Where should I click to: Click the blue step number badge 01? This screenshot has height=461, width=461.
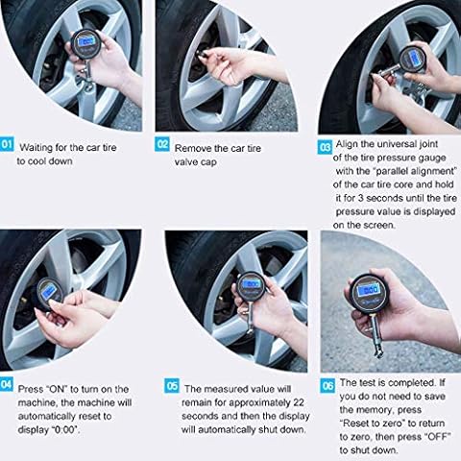click(7, 144)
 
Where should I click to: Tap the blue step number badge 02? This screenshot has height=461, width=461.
click(162, 144)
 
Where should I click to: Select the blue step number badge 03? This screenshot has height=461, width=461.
click(325, 147)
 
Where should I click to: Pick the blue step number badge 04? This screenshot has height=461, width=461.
click(7, 384)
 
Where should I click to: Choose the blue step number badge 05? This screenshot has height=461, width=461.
click(172, 386)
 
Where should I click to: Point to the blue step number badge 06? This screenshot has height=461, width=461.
click(328, 386)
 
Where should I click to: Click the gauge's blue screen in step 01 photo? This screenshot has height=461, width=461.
click(85, 42)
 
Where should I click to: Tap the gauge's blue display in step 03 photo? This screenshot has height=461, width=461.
click(415, 58)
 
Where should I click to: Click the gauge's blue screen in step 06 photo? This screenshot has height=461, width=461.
click(368, 290)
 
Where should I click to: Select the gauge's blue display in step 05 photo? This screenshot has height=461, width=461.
click(252, 283)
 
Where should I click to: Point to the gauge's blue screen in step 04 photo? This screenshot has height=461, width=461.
click(48, 292)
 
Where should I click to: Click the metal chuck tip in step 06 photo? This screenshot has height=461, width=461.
click(378, 352)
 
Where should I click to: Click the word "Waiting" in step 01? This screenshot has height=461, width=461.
click(36, 148)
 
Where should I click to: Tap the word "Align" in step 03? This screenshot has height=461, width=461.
click(347, 144)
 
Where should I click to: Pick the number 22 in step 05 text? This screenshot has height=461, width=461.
click(298, 402)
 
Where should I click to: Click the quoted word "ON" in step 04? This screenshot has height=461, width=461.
click(58, 389)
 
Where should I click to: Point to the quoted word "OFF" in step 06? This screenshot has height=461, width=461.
click(438, 436)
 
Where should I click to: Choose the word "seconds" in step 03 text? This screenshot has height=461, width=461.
click(388, 198)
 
